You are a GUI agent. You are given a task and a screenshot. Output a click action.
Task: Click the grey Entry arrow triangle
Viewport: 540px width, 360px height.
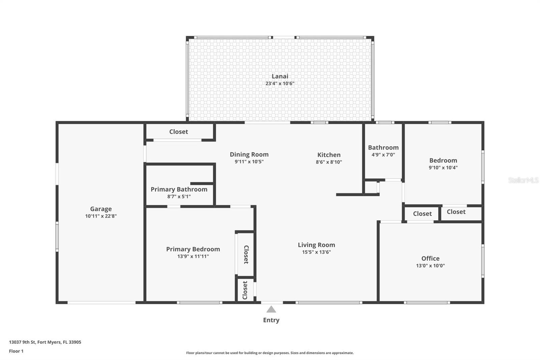(x=271, y=309)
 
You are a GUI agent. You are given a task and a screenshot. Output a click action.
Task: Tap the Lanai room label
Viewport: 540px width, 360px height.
(x=280, y=76)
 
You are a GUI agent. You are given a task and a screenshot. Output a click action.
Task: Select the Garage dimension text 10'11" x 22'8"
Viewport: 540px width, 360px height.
(x=101, y=216)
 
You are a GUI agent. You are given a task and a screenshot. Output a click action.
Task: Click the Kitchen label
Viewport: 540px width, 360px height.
(x=329, y=155)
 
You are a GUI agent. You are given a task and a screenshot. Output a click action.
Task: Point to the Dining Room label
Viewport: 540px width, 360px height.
(x=249, y=154)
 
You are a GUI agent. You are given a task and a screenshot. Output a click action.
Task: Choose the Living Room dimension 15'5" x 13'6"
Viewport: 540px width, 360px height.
(x=317, y=252)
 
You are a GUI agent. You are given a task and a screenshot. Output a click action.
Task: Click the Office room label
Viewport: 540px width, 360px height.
(x=430, y=258)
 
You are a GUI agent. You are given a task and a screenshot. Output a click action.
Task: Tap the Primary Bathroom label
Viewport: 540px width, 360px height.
(x=179, y=189)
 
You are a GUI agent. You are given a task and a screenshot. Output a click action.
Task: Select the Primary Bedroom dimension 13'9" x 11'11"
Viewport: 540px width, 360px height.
(x=193, y=256)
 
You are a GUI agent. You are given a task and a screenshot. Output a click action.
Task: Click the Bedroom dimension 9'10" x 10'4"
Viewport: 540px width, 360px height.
(x=443, y=168)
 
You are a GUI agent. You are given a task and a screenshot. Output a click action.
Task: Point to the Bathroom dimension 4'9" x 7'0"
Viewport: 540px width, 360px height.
(x=383, y=155)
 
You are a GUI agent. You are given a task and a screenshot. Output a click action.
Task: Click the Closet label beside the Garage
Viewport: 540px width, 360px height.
(x=179, y=132)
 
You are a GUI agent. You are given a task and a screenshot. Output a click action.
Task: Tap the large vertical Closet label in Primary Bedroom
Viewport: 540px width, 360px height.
(x=246, y=255)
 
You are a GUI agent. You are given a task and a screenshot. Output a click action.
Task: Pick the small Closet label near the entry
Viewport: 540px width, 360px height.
(x=245, y=290)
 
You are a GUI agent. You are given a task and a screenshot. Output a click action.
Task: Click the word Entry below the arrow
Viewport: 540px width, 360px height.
(x=271, y=320)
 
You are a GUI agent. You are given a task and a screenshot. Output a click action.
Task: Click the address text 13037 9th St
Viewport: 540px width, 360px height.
(x=22, y=342)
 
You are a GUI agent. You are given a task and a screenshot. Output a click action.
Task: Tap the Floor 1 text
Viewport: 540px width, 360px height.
(x=16, y=351)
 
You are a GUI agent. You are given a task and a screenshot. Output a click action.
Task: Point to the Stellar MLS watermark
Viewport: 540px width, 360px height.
(x=523, y=180)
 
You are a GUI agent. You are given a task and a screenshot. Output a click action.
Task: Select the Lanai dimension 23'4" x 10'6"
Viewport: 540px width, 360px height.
(x=280, y=83)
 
